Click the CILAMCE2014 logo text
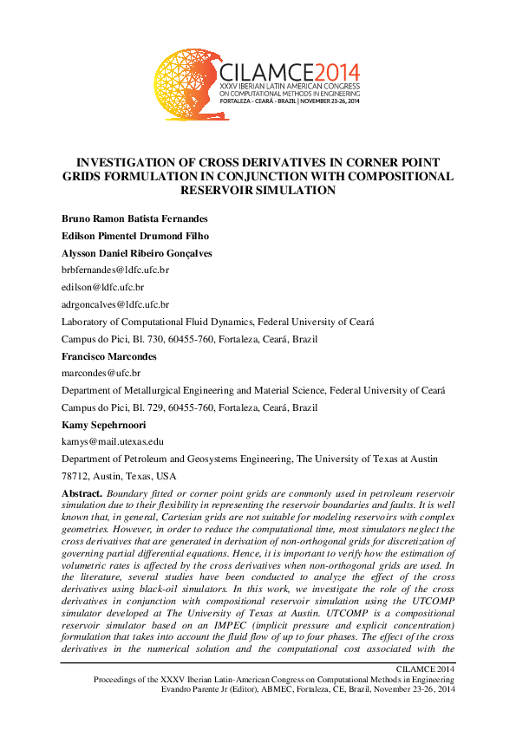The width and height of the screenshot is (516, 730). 291,72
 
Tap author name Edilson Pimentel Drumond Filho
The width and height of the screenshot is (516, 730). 134,236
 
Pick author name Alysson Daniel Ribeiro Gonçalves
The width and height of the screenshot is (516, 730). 137,253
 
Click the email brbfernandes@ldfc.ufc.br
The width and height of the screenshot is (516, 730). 115,270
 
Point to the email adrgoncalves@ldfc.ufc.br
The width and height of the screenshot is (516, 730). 115,304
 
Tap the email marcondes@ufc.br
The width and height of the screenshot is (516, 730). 101,373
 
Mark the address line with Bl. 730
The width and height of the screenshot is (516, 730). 206,339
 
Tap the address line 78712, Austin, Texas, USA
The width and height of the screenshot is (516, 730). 119,476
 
